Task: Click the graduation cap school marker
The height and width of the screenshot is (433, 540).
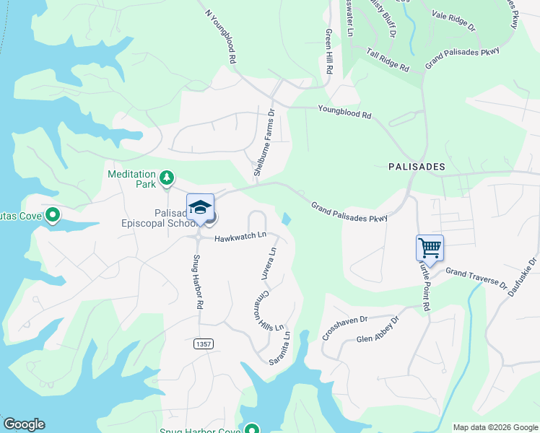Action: click(200, 208)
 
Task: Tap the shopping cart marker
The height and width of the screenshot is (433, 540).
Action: click(430, 248)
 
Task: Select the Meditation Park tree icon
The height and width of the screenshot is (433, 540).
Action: click(167, 177)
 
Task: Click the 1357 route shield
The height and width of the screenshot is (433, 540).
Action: click(203, 345)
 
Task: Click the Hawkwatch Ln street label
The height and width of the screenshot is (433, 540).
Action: click(240, 236)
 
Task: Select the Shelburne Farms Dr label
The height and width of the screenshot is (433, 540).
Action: click(264, 143)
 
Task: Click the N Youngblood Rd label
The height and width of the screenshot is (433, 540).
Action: click(221, 34)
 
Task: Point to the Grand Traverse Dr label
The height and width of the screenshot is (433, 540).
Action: click(476, 279)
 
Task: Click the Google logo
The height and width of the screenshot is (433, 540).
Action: click(24, 424)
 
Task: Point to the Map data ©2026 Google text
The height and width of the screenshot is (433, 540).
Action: click(495, 427)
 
